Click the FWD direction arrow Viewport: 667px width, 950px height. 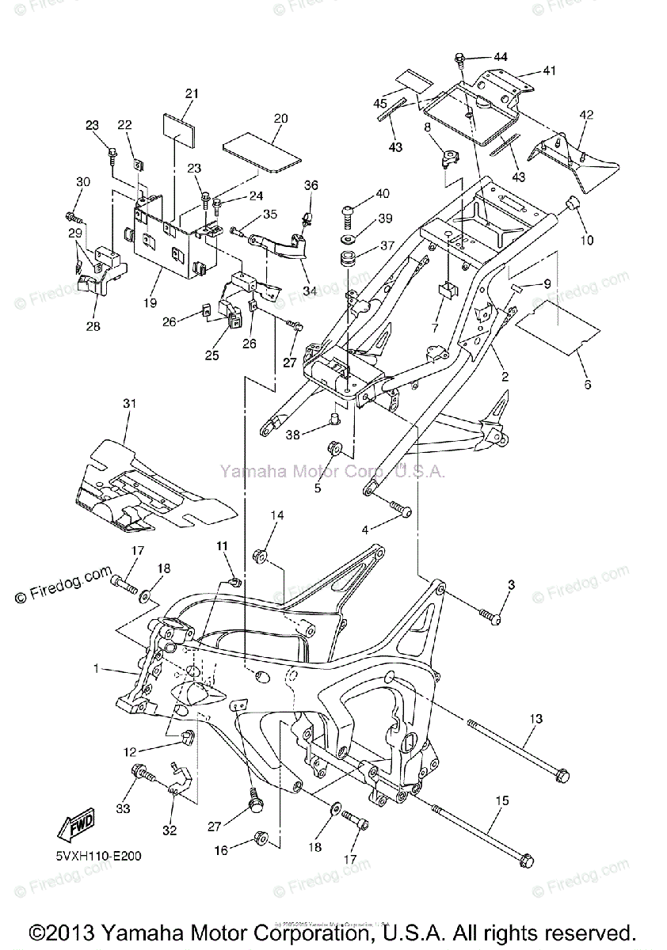(77, 827)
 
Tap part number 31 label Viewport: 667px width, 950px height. (129, 404)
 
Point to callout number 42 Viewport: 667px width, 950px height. (586, 115)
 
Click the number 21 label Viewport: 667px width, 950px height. (191, 93)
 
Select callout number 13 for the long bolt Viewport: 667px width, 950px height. (536, 719)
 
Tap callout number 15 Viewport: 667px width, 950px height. (501, 801)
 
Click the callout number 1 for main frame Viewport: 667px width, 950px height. (97, 669)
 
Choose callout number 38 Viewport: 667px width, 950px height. (293, 435)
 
